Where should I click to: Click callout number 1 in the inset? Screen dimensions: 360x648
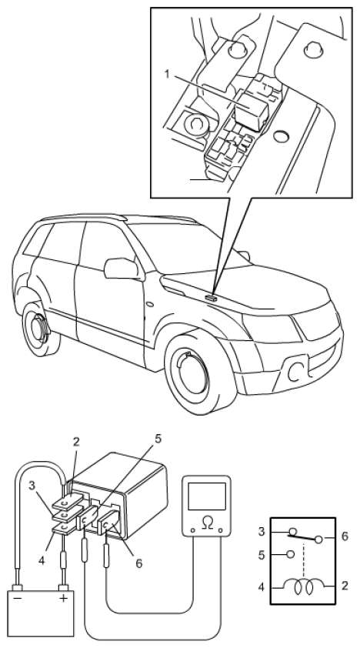tap(167, 75)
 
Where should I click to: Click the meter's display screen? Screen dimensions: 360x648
tap(207, 496)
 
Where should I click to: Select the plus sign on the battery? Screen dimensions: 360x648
tap(63, 598)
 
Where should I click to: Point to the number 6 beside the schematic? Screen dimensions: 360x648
tap(345, 536)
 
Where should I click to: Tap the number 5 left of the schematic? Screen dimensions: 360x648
tap(262, 554)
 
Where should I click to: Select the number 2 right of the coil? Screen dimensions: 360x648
tap(345, 586)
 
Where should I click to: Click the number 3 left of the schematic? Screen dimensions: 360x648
tap(262, 532)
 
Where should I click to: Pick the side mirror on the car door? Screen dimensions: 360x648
tap(121, 269)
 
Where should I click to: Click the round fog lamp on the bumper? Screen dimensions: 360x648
tap(295, 373)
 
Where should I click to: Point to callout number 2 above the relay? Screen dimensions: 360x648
tap(75, 442)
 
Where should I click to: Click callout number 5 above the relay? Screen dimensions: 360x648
tap(158, 439)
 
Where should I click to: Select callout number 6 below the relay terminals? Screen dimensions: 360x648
tap(138, 563)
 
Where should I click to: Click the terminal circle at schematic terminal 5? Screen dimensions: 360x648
tap(290, 554)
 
